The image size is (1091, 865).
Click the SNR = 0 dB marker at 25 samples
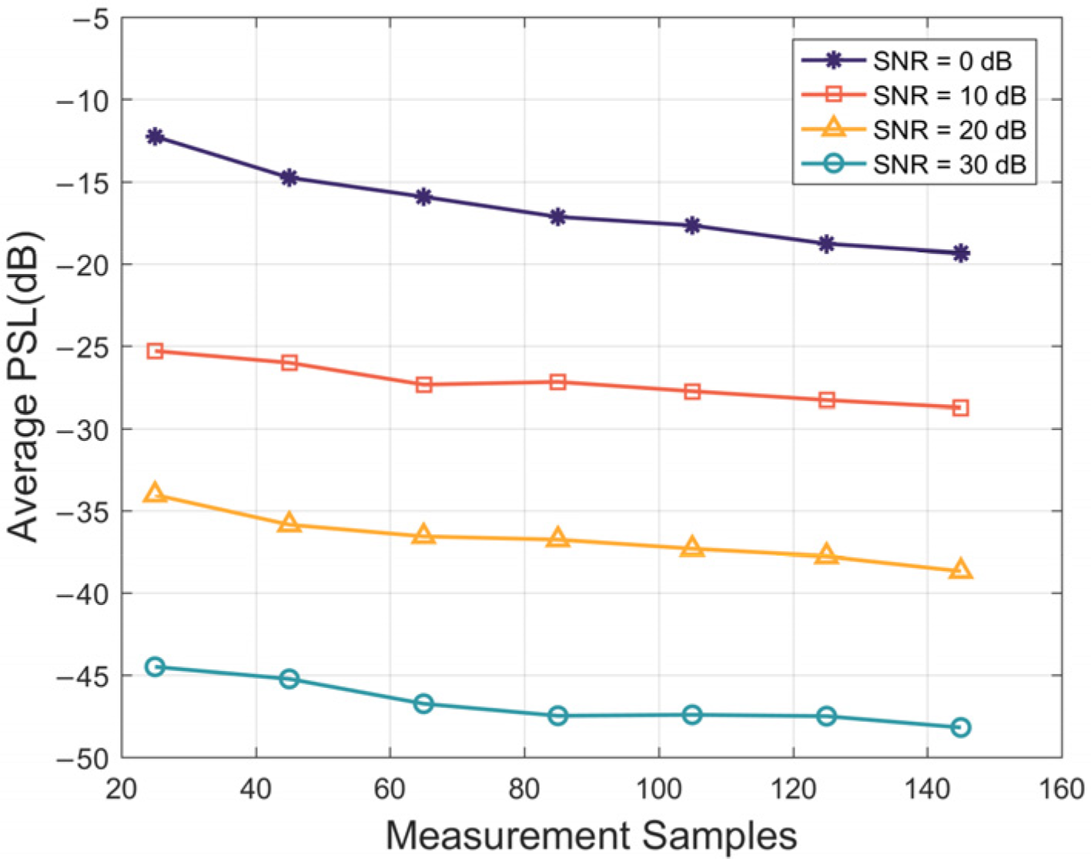[x=155, y=137]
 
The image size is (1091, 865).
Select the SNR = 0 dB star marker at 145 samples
[x=960, y=253]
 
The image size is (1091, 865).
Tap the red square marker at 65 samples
[x=423, y=385]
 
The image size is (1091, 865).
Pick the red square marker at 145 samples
[x=960, y=408]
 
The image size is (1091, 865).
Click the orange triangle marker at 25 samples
[x=155, y=493]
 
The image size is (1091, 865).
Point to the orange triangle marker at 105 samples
[x=692, y=548]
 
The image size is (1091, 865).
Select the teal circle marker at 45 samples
[x=289, y=679]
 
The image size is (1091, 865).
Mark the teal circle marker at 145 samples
[x=960, y=727]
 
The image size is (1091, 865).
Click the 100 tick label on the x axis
[x=658, y=790]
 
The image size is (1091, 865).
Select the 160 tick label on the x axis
[x=1061, y=790]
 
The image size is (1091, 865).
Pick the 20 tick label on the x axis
[x=122, y=790]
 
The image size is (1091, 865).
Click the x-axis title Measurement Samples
[x=591, y=836]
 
